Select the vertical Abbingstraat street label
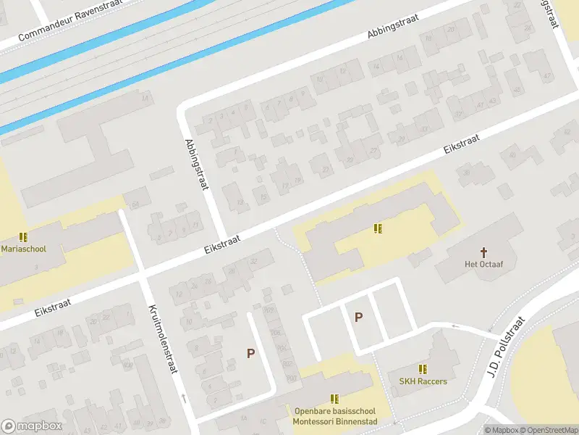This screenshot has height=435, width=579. pyautogui.click(x=196, y=165)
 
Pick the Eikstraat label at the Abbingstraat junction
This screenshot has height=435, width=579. pyautogui.click(x=222, y=241)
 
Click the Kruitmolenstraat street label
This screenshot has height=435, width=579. pyautogui.click(x=163, y=339)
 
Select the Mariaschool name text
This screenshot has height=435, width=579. pyautogui.click(x=24, y=249)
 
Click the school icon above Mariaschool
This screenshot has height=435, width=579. pyautogui.click(x=23, y=236)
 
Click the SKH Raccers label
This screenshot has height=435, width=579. pyautogui.click(x=423, y=381)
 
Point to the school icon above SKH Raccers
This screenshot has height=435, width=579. pyautogui.click(x=423, y=369)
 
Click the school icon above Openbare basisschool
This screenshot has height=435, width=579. pyautogui.click(x=334, y=398)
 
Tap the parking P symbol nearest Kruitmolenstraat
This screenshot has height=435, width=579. pyautogui.click(x=250, y=353)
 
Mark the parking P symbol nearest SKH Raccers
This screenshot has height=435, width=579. pyautogui.click(x=358, y=317)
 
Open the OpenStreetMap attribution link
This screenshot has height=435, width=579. pyautogui.click(x=550, y=430)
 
